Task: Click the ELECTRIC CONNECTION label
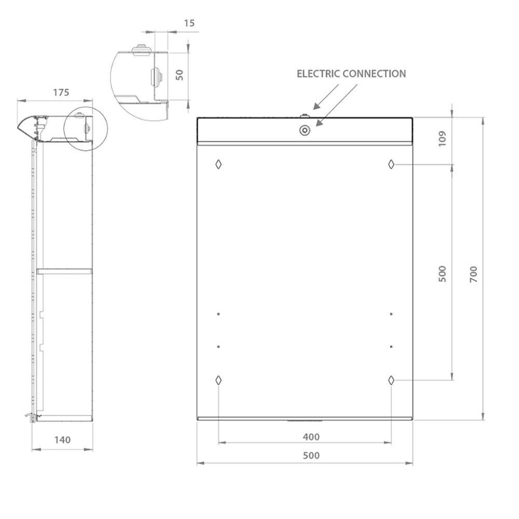pyautogui.click(x=351, y=74)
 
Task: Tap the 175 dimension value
pyautogui.click(x=61, y=92)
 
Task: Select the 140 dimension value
pyautogui.click(x=62, y=440)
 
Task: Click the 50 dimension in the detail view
pyautogui.click(x=180, y=74)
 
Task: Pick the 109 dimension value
pyautogui.click(x=442, y=139)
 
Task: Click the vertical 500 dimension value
pyautogui.click(x=442, y=274)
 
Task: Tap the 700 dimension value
pyautogui.click(x=473, y=274)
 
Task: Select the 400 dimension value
pyautogui.click(x=311, y=437)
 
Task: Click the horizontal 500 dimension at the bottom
pyautogui.click(x=311, y=456)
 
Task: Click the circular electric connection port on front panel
pyautogui.click(x=304, y=130)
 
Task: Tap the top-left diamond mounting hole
pyautogui.click(x=218, y=164)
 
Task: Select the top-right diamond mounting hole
pyautogui.click(x=391, y=164)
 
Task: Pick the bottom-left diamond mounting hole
pyautogui.click(x=218, y=380)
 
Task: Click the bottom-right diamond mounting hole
pyautogui.click(x=391, y=380)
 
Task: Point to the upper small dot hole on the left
pyautogui.click(x=219, y=314)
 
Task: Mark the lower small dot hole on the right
pyautogui.click(x=391, y=347)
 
